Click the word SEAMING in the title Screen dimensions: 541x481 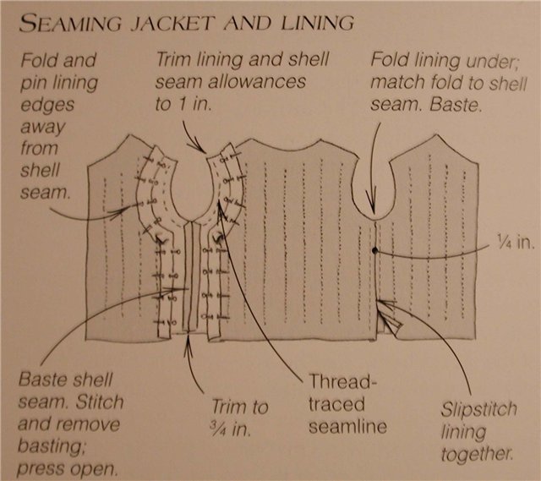pyautogui.click(x=71, y=24)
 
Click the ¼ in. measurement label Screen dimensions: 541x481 pyautogui.click(x=516, y=242)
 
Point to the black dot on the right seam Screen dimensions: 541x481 pyautogui.click(x=375, y=251)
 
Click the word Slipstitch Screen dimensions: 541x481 pyautogui.click(x=479, y=410)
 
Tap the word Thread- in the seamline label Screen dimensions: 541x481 pyautogui.click(x=343, y=381)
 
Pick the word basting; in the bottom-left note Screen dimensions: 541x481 pyautogui.click(x=52, y=447)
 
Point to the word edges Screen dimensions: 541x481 pyautogui.click(x=47, y=105)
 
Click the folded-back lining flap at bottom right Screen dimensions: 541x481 pyautogui.click(x=390, y=317)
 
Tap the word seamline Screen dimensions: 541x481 pyautogui.click(x=347, y=427)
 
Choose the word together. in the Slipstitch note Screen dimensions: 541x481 pyautogui.click(x=477, y=455)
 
